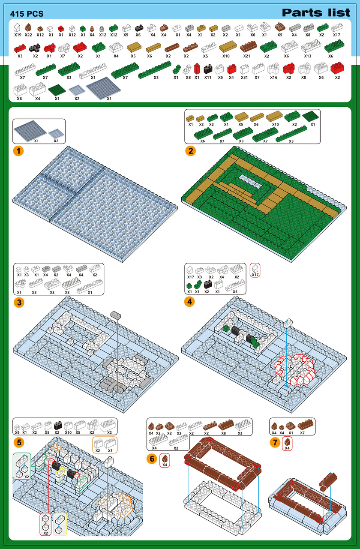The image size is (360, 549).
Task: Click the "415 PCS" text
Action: coord(27,14)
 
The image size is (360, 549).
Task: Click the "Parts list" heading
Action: coord(316,12)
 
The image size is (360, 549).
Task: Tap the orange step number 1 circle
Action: coord(18,151)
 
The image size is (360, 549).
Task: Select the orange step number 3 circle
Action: coord(19,303)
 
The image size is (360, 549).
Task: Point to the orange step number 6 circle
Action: coord(152,459)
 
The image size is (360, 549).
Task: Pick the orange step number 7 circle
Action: coord(275,443)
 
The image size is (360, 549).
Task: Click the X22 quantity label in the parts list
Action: coord(28,35)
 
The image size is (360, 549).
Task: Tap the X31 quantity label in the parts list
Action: coord(244,78)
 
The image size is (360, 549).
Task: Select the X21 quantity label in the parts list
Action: coord(246,56)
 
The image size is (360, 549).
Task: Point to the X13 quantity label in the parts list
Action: coord(308,56)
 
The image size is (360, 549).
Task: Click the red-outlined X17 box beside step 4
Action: coord(255,270)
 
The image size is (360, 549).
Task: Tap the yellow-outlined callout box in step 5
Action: coord(60,524)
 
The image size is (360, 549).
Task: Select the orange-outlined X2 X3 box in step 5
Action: coord(105,445)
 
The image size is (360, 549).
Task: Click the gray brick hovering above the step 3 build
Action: coord(116,315)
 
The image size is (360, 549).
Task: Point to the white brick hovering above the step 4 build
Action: coord(288,323)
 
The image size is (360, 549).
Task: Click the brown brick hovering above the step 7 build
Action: coord(328,480)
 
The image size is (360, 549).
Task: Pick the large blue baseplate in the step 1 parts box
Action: coord(30,131)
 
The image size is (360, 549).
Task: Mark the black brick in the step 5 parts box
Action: coord(58,426)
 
